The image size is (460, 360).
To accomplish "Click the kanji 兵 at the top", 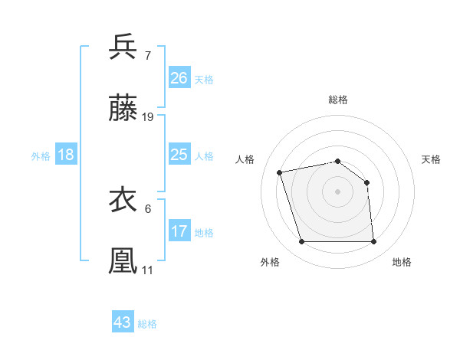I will [x=123, y=47].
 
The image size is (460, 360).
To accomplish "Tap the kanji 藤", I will [x=123, y=109].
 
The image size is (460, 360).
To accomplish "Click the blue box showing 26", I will [x=179, y=78].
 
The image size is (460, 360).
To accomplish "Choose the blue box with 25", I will [x=179, y=155].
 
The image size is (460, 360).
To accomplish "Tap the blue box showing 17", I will [x=179, y=231].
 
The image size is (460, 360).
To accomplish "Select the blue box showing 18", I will [x=66, y=155].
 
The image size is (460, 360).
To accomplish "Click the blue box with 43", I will [x=123, y=322].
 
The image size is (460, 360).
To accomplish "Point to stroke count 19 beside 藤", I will [x=148, y=117].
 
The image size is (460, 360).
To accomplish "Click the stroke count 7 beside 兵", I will [x=147, y=55].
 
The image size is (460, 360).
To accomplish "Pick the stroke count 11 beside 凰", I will [x=147, y=270].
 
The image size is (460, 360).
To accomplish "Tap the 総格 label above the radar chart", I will [x=338, y=100].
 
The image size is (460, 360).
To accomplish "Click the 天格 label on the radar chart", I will [x=432, y=159].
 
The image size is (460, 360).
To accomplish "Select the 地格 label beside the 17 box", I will [x=204, y=232].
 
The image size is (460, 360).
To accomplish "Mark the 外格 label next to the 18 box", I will [x=41, y=155].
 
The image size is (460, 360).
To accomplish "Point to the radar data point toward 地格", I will [x=373, y=242].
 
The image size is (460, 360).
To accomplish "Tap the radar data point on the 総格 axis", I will [x=338, y=161].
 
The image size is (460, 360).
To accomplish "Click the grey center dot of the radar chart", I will [x=338, y=191].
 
